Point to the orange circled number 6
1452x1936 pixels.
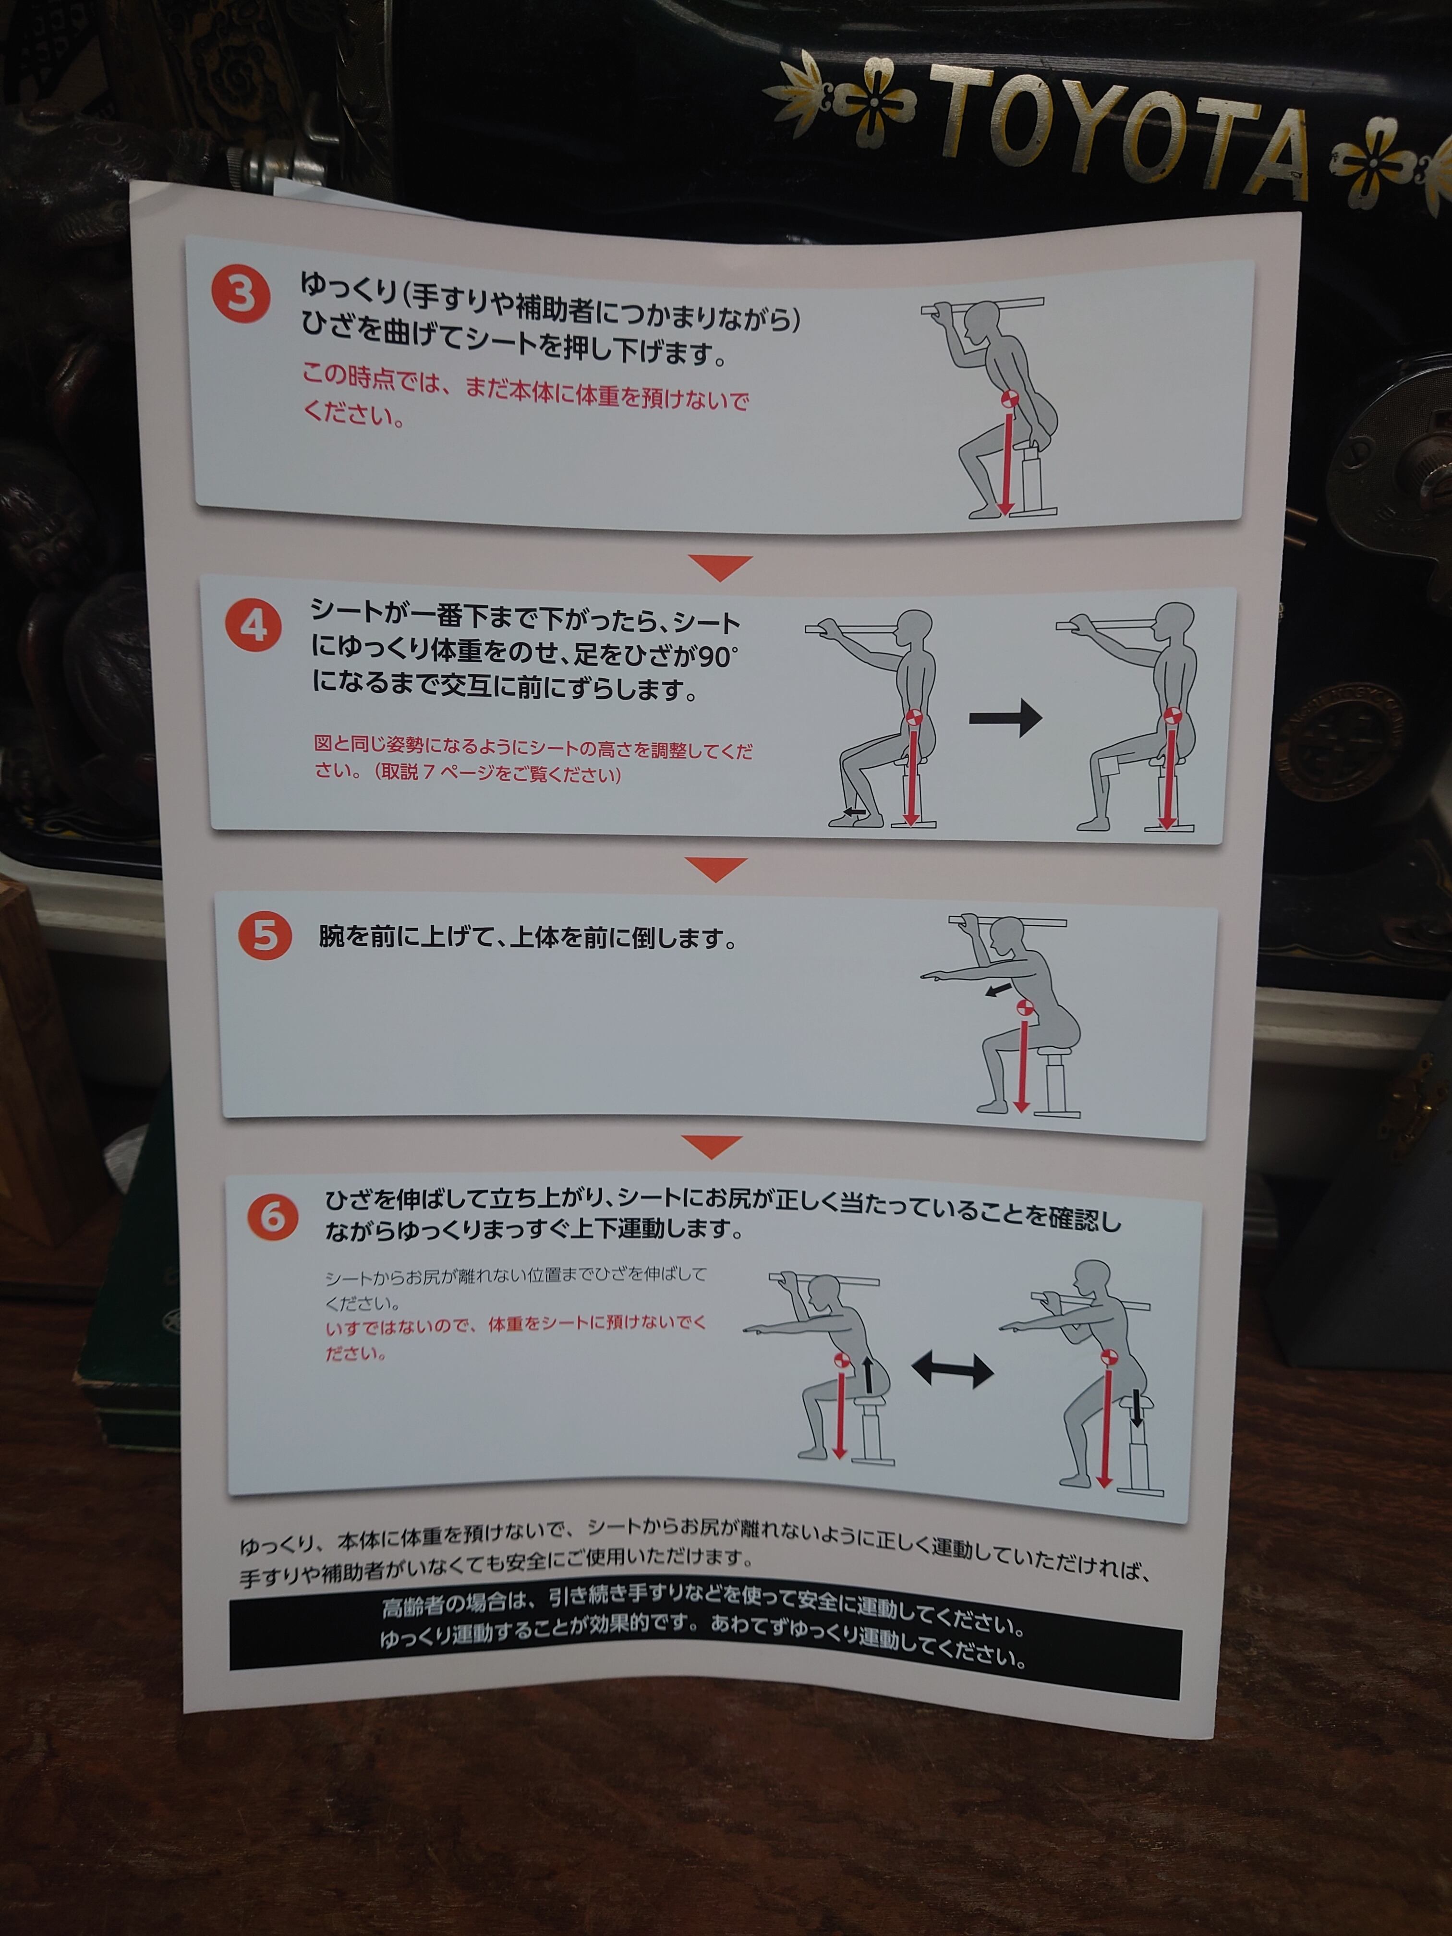(x=272, y=1217)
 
